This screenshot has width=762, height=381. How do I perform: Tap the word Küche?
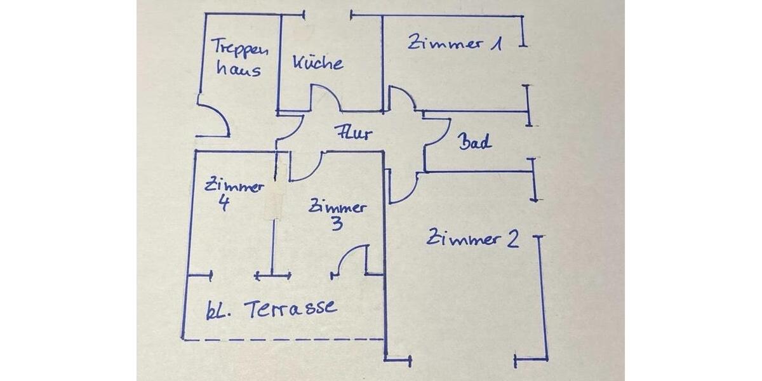(318, 62)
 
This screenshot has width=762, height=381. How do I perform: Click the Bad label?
(474, 142)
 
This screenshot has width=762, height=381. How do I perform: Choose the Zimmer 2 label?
(473, 239)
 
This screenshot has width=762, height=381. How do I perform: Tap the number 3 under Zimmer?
(337, 224)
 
